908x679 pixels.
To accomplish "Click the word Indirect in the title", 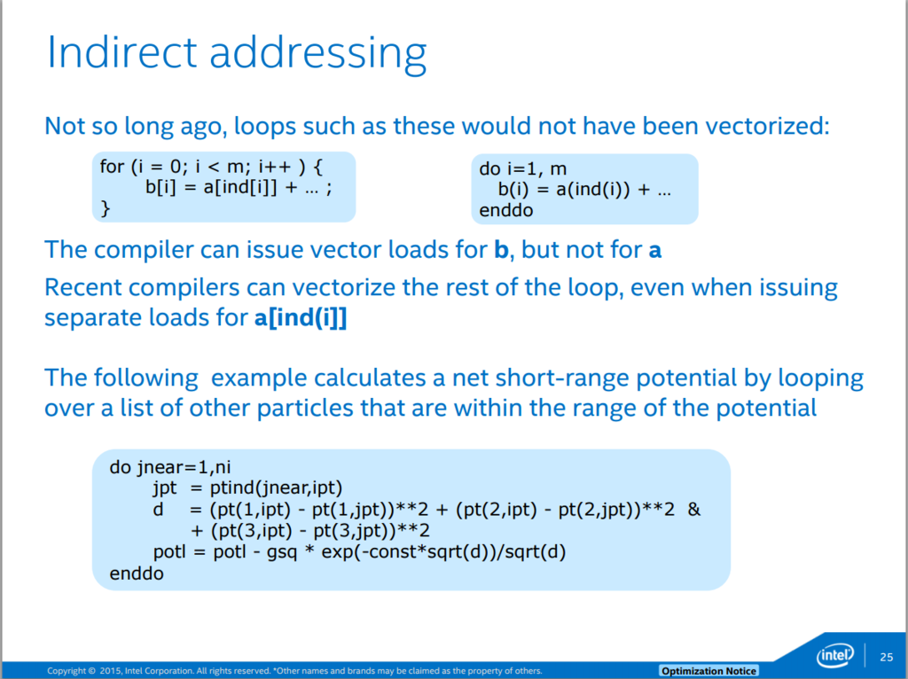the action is click(121, 52).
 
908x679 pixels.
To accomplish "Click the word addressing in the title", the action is click(318, 55).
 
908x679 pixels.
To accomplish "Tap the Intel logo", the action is click(835, 655).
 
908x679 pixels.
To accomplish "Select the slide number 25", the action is click(886, 657).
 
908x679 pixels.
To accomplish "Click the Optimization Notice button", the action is click(708, 671).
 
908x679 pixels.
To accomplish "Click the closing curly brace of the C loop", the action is click(105, 208).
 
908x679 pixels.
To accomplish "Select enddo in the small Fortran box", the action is click(505, 210).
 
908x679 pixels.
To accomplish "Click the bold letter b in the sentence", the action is click(501, 249).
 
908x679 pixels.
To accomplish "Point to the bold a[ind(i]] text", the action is click(301, 318).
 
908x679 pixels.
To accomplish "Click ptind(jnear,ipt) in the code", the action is click(276, 488).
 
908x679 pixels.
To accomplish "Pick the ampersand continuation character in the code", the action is click(693, 510).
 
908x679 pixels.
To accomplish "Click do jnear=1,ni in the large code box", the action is click(170, 466).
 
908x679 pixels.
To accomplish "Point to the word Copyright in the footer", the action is click(67, 671).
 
